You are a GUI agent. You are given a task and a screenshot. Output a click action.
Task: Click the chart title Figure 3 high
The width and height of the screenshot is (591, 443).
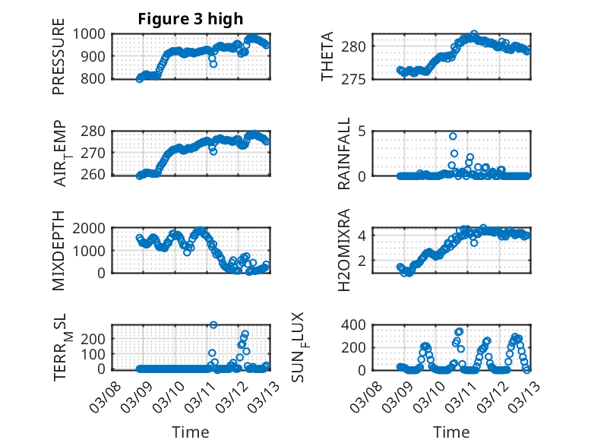pos(191,19)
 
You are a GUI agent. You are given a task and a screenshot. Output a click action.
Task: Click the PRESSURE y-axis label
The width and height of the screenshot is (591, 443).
pos(58,62)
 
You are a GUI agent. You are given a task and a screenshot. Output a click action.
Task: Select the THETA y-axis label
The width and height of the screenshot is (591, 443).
pos(327,57)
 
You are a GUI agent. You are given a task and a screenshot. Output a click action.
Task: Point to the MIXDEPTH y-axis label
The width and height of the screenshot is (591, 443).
pos(58,250)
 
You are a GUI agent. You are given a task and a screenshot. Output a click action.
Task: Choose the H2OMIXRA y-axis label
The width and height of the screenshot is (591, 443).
pos(343,250)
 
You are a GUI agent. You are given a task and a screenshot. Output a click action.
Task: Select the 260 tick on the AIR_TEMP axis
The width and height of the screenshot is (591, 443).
pos(99,176)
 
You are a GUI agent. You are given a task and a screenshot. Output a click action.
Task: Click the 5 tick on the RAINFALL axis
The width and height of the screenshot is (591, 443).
pos(363,131)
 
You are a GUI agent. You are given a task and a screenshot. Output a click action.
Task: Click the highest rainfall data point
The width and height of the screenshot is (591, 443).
pos(453,137)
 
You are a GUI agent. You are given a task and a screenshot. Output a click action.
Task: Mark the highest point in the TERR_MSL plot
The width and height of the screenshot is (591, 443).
pos(213,325)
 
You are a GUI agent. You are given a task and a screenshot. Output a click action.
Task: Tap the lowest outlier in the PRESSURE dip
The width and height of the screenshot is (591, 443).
pos(213,64)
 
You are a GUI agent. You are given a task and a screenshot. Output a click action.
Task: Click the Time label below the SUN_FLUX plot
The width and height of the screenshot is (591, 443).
pos(451,432)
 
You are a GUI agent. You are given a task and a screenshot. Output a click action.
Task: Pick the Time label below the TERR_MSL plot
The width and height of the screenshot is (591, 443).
pos(191,432)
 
